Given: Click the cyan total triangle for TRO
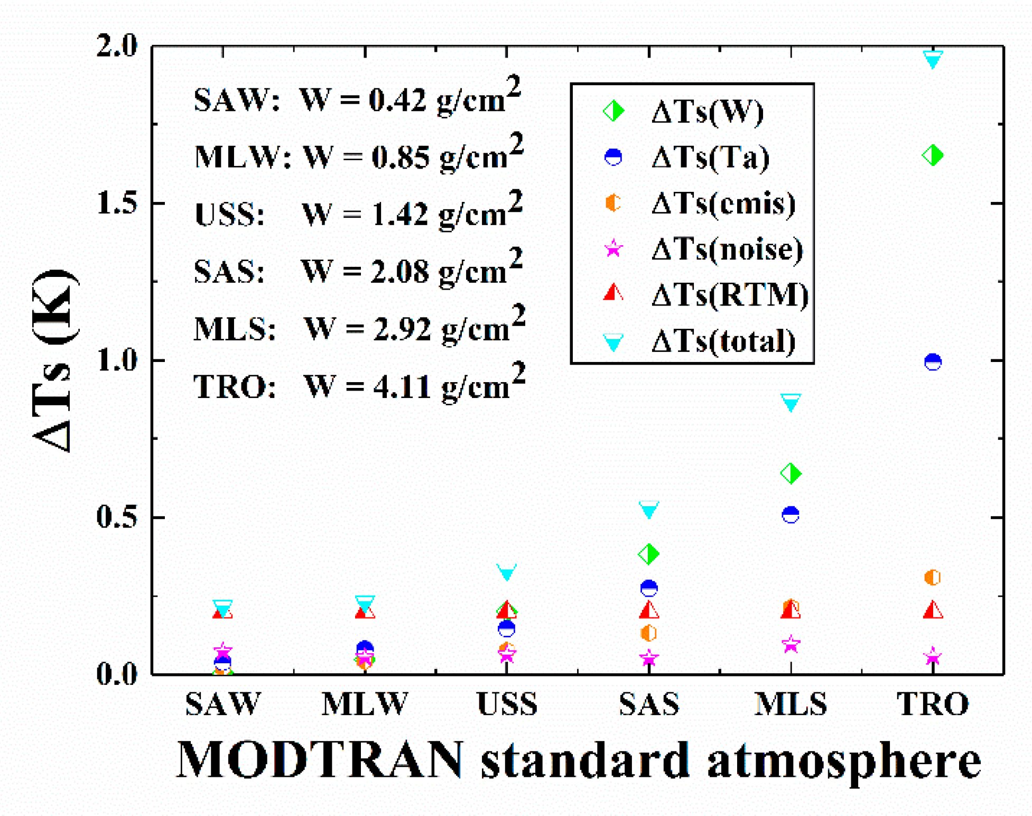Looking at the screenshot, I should [933, 59].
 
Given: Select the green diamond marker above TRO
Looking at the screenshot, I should [933, 155].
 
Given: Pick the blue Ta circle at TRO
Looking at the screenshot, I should [933, 362].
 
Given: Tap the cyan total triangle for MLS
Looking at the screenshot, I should [791, 403].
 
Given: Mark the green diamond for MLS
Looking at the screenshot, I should [791, 473].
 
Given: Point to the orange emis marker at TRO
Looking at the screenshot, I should [933, 577].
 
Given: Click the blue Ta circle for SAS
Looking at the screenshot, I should [648, 588].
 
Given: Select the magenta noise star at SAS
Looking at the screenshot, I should [648, 659].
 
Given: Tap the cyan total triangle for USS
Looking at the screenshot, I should [507, 572].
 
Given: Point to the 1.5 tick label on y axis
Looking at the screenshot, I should [116, 203].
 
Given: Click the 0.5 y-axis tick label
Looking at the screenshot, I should [116, 517].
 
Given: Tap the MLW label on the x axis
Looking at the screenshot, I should [365, 703].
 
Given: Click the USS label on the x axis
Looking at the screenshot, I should [507, 703].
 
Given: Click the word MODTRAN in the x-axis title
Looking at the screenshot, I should [319, 759].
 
